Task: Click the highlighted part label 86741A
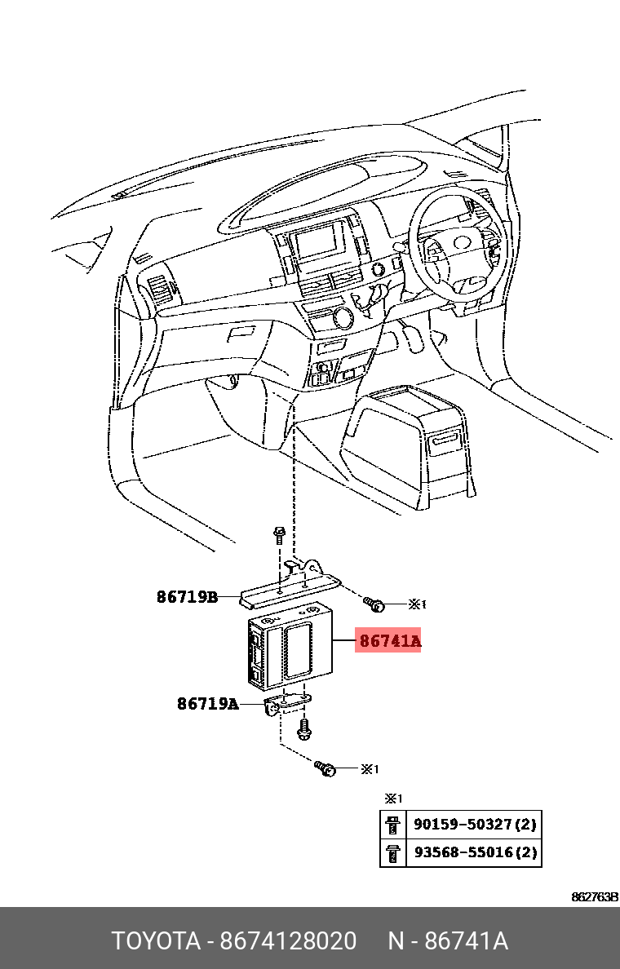click(x=389, y=641)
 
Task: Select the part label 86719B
click(x=187, y=597)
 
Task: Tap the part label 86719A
click(x=207, y=703)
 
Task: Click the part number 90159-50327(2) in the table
click(x=475, y=825)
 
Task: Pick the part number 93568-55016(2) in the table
click(x=475, y=853)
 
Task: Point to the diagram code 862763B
click(x=594, y=897)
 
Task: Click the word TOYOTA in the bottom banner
click(x=156, y=941)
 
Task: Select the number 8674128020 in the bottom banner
click(x=288, y=941)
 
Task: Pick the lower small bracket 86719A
click(x=288, y=701)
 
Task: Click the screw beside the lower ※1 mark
click(x=325, y=768)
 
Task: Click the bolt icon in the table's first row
click(x=392, y=825)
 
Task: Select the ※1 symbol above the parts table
click(x=393, y=799)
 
